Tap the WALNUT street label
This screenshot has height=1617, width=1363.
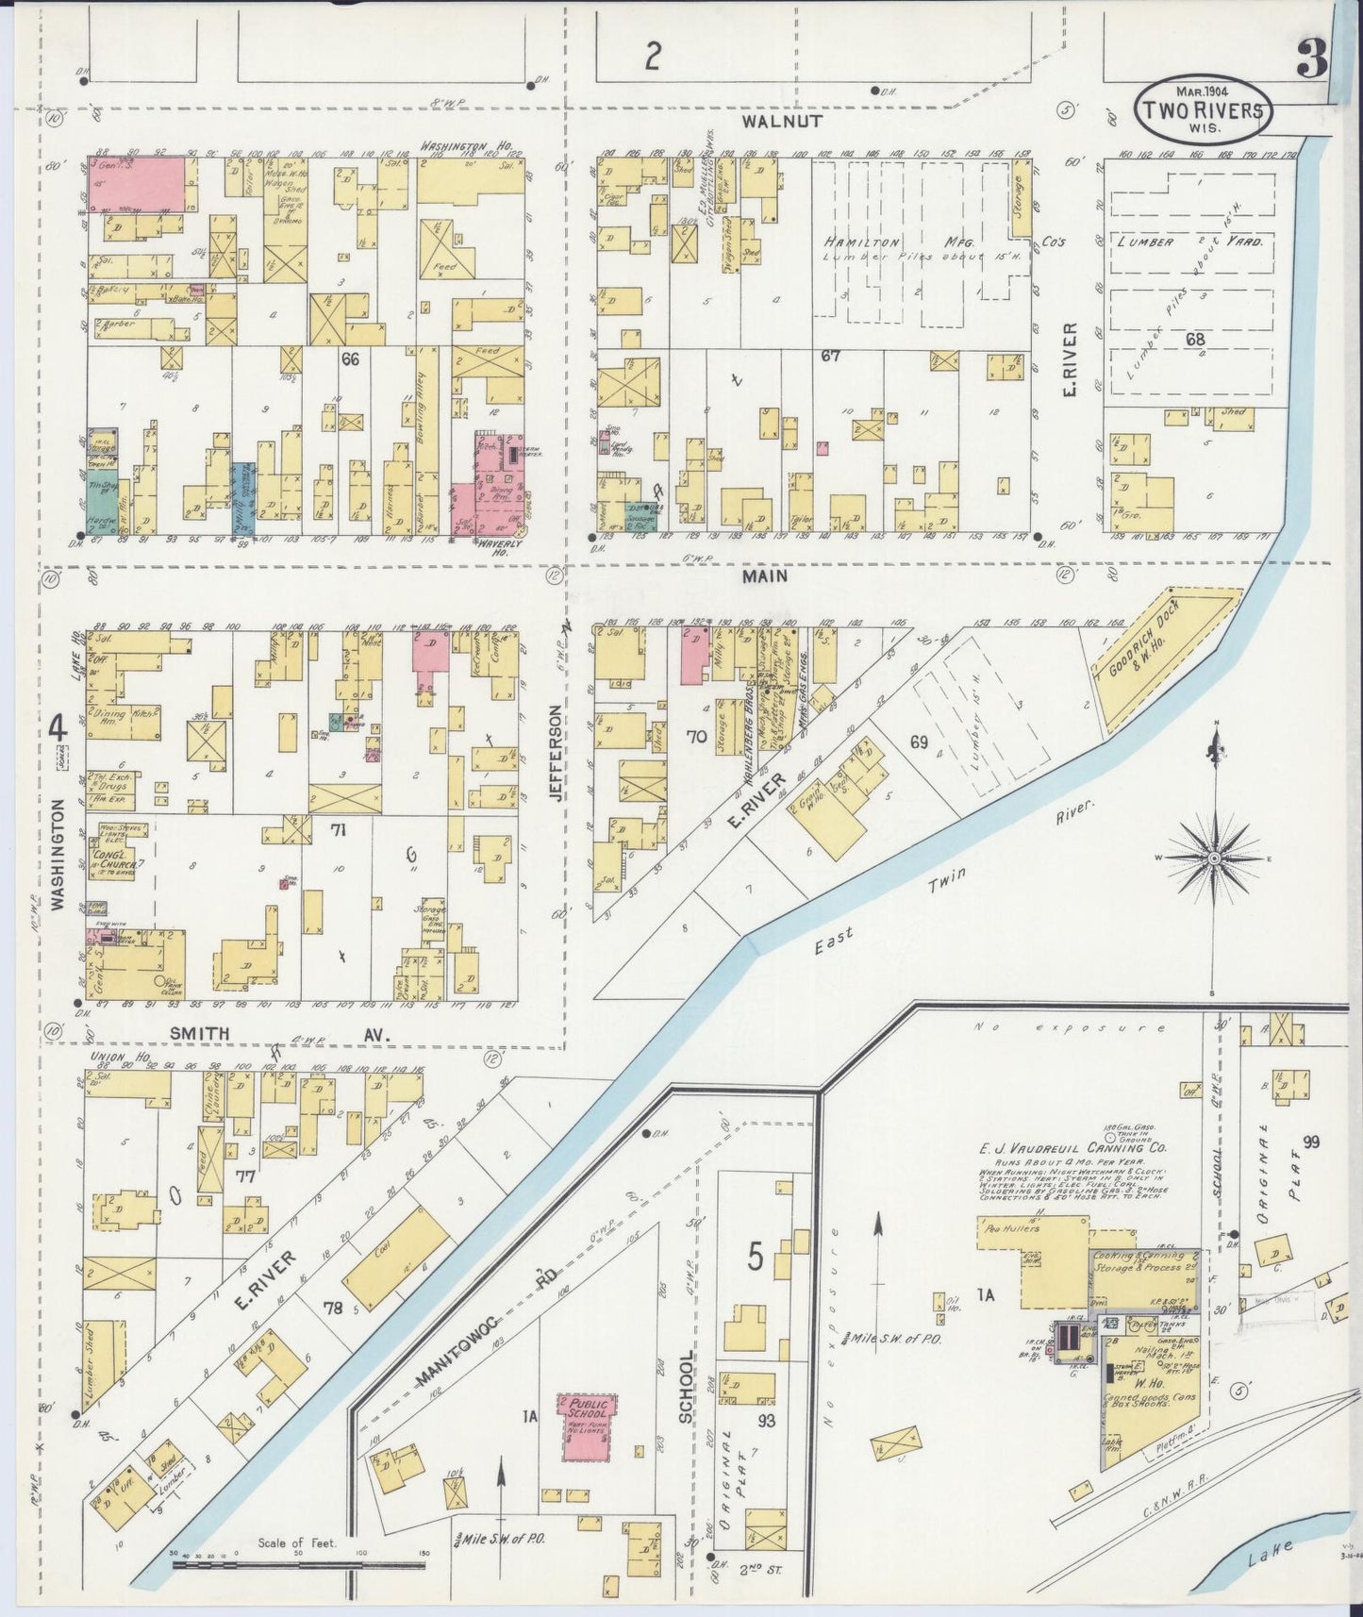point(782,122)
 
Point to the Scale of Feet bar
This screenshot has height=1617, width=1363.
point(299,1564)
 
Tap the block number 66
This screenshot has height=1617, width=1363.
point(351,358)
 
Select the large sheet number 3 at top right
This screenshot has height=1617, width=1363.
point(1310,60)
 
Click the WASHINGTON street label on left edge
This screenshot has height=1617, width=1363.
point(58,854)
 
